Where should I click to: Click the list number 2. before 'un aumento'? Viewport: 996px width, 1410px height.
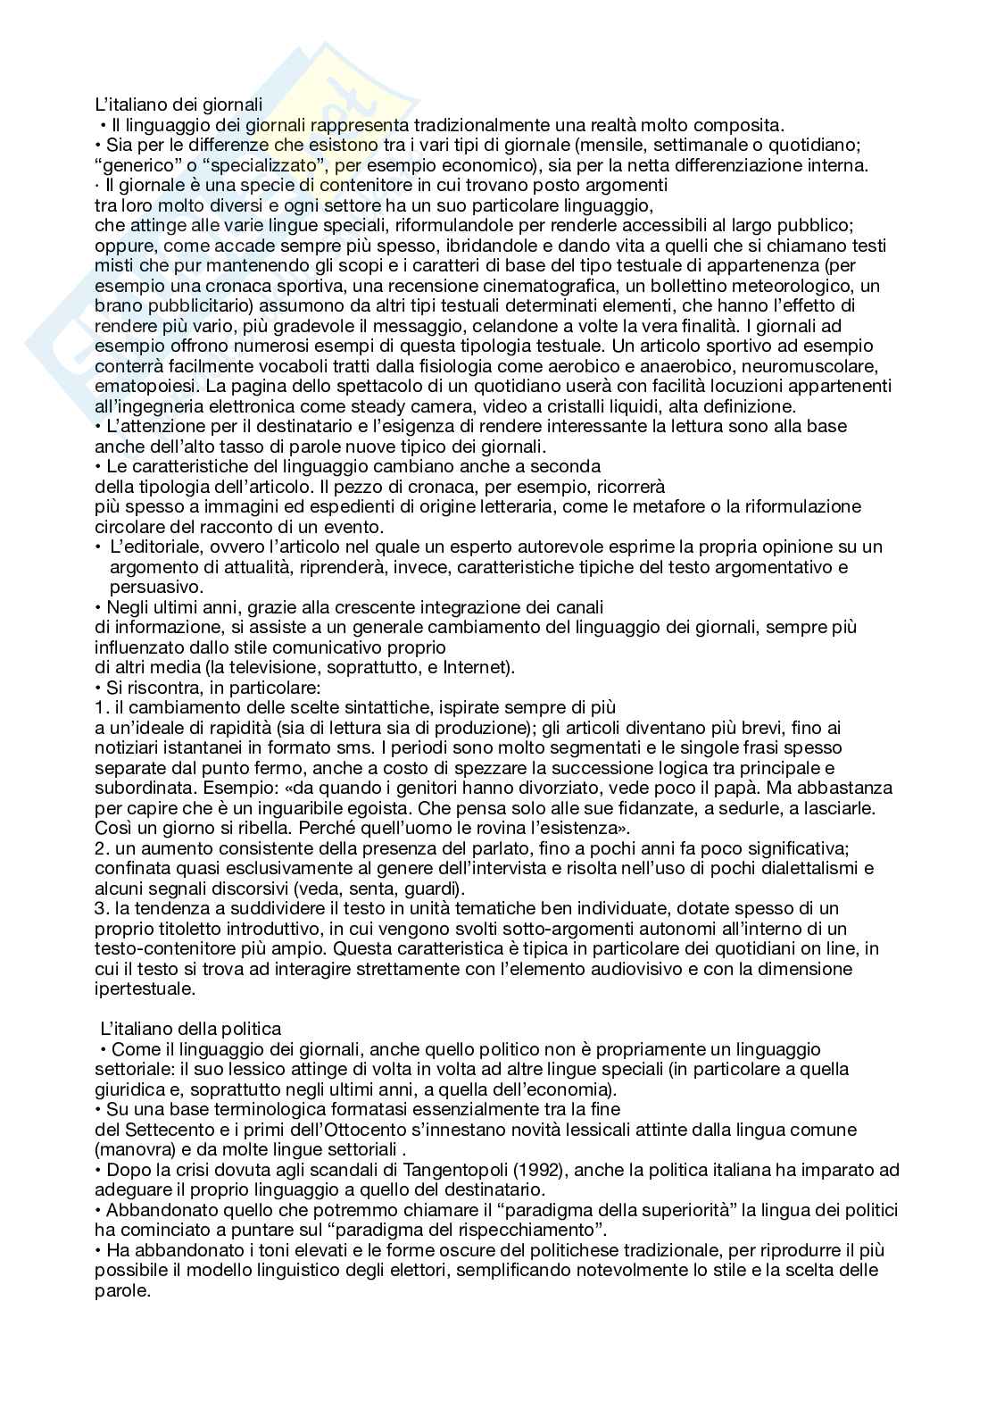point(101,848)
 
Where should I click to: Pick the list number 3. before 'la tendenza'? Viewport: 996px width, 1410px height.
point(101,908)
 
